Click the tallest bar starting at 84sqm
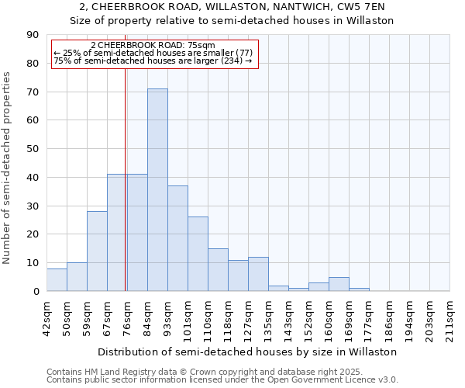coord(157,190)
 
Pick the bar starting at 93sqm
coord(177,238)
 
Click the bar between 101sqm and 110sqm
coord(198,254)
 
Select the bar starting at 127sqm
coord(258,274)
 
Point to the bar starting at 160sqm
coord(339,284)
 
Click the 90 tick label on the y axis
coord(33,35)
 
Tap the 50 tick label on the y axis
coord(33,149)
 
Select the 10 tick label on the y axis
coord(33,263)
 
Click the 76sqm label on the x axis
coord(127,316)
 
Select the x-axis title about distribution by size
coord(248,352)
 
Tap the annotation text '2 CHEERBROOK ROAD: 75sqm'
coord(153,46)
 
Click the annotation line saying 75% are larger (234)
coord(153,61)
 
